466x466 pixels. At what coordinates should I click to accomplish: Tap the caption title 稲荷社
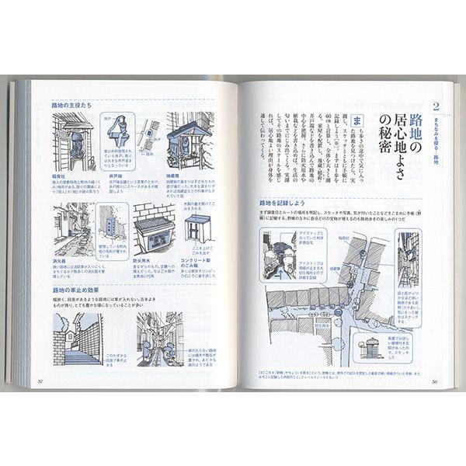(62, 175)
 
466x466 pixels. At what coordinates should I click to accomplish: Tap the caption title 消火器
(62, 262)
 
